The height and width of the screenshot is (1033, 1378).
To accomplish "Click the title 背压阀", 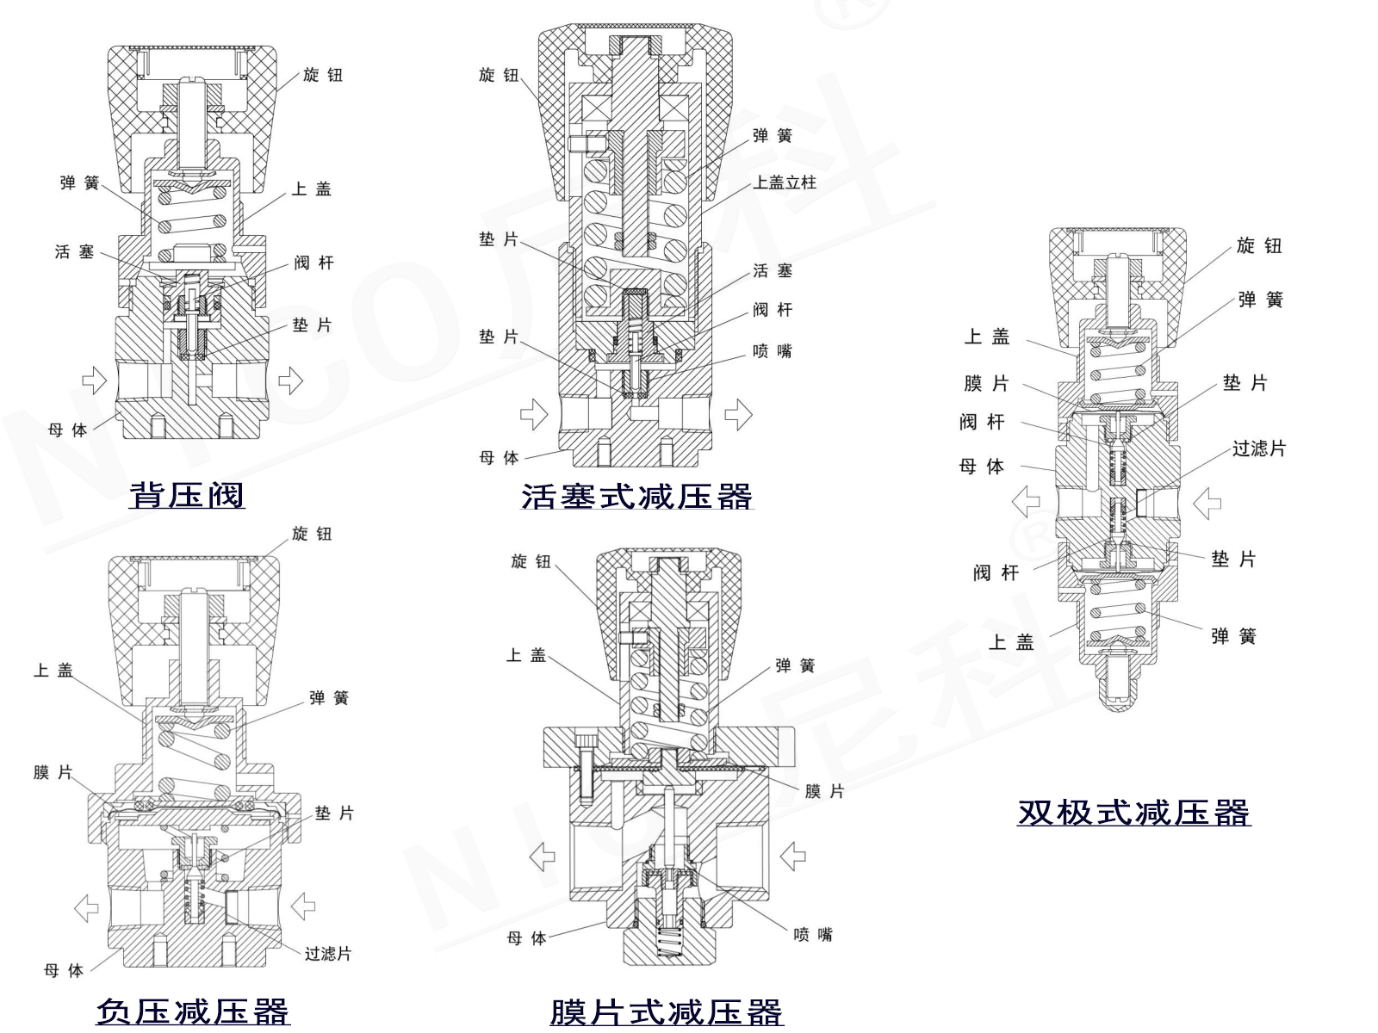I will [187, 495].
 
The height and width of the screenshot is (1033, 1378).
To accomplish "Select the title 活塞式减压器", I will [637, 497].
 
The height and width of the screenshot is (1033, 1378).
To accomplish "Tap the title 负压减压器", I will [193, 1011].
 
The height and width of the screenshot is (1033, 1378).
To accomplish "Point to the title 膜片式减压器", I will [667, 1011].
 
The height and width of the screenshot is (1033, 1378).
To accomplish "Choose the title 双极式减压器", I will [1133, 812].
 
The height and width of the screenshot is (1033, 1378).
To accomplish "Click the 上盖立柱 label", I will [785, 182].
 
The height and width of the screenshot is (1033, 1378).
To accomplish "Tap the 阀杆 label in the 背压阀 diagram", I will [313, 263].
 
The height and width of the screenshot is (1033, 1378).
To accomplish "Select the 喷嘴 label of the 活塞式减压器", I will [773, 351].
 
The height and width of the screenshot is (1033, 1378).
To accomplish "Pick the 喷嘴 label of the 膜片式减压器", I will [813, 934].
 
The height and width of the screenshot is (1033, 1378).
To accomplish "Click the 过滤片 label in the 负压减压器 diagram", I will [328, 954].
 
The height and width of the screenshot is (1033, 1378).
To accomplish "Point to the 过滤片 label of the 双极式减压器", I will [1258, 448].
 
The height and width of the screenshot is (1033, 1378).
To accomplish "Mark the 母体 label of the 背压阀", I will [67, 430].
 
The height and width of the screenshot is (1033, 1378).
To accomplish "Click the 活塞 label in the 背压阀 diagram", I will [74, 251].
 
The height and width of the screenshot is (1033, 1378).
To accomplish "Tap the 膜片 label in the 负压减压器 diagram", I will [53, 772].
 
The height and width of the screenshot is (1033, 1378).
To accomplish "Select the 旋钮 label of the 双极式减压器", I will [1259, 245].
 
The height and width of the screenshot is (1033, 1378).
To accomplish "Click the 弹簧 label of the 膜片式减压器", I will [795, 665].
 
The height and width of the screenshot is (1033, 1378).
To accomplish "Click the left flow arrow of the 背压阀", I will [94, 380].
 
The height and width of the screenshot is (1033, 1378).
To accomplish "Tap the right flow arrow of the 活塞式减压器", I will [738, 416].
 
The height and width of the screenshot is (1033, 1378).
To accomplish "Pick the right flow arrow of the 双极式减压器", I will [1207, 503].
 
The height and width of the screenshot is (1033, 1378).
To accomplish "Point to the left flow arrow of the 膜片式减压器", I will [542, 857].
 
